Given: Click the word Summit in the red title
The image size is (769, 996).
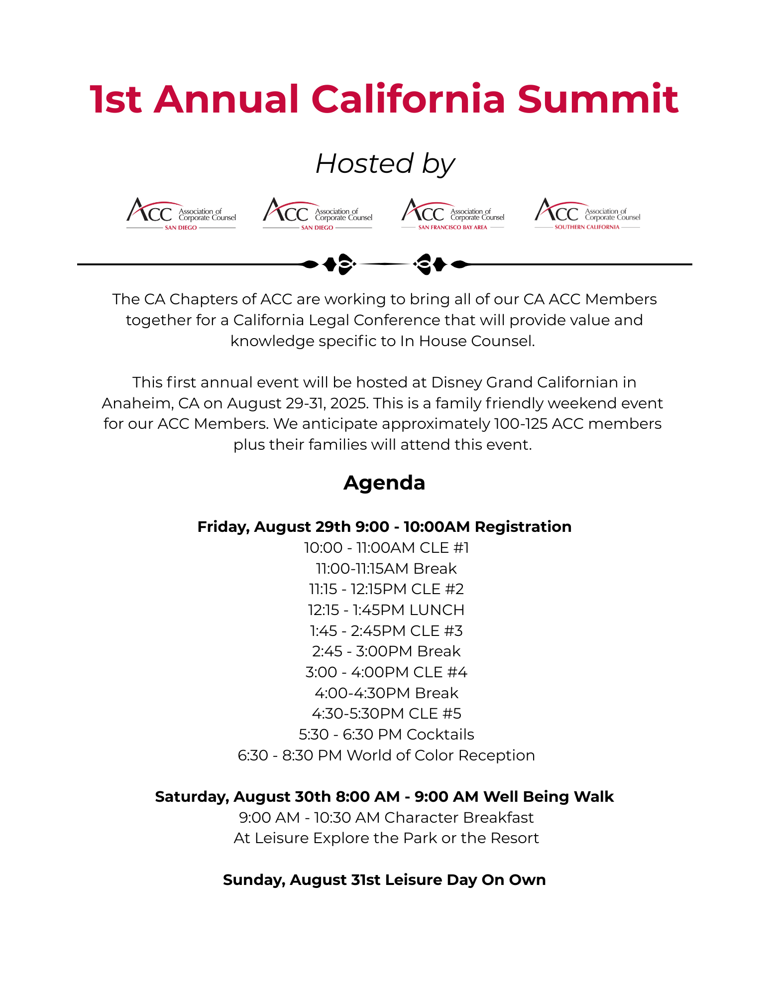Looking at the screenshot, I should [598, 99].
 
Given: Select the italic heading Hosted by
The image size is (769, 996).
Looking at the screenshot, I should [385, 163].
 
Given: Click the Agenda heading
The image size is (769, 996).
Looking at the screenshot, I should [384, 483].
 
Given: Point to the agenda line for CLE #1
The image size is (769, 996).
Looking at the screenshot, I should [386, 548].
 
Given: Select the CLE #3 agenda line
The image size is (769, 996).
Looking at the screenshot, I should [386, 631].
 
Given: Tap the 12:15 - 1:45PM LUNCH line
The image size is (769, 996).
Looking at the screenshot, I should [386, 610].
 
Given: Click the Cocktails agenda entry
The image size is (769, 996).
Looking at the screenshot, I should [386, 735].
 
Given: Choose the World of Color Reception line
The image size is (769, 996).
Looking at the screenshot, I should [386, 755].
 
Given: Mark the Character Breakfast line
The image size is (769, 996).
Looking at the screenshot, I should [386, 818].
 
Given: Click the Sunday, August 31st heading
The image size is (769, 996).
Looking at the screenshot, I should [384, 880].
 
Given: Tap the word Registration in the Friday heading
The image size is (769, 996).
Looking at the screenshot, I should [523, 527].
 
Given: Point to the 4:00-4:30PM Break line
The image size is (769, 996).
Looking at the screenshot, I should [386, 693].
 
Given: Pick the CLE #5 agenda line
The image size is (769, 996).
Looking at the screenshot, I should [386, 714].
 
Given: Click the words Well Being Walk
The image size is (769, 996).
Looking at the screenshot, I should [548, 797].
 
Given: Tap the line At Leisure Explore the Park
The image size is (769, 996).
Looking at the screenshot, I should [386, 838].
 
